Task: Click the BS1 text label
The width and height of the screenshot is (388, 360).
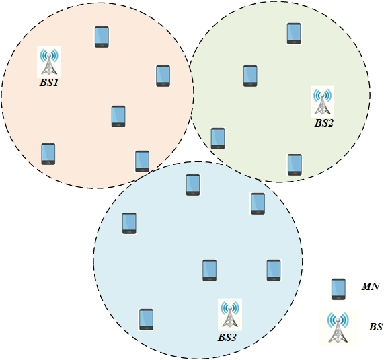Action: (49, 83)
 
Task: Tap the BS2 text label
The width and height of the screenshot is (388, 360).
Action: (323, 123)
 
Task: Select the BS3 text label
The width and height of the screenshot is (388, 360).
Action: (227, 338)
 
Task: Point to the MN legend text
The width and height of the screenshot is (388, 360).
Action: (371, 287)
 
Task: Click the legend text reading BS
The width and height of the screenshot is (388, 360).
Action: (376, 327)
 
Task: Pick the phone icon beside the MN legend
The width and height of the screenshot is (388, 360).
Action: (338, 289)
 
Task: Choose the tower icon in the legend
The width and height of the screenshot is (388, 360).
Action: (338, 327)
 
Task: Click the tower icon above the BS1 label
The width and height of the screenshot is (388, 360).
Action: (49, 62)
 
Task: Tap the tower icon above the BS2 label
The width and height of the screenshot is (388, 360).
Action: (322, 102)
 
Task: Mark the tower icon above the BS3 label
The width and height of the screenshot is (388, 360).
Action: (230, 314)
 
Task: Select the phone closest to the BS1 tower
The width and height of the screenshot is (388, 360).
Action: (102, 37)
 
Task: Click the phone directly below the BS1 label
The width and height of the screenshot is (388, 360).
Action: (48, 153)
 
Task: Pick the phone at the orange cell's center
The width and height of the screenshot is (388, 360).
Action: (118, 116)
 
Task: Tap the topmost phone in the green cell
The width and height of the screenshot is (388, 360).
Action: (294, 34)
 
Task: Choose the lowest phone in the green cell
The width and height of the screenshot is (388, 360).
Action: (295, 165)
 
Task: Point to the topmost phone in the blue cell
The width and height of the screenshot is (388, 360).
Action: (193, 185)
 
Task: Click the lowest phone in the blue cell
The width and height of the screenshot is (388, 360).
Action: (146, 320)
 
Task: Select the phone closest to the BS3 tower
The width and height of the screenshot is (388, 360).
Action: (209, 271)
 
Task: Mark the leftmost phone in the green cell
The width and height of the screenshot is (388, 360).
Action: (218, 139)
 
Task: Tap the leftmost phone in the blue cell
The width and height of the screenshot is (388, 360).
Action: (129, 223)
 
